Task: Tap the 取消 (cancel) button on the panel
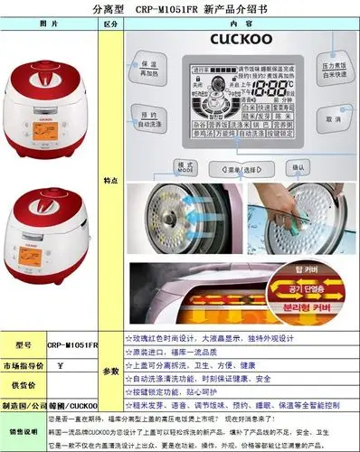pos(334,119)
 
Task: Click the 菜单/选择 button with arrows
pos(240,168)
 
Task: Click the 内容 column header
pos(241,23)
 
